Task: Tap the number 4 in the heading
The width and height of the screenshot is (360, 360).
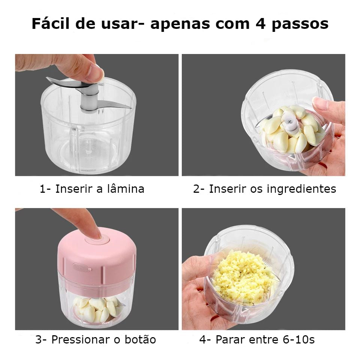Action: pyautogui.click(x=261, y=24)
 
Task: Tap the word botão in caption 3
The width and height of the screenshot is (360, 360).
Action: pyautogui.click(x=140, y=340)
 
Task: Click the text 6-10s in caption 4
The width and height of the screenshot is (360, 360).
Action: pyautogui.click(x=298, y=340)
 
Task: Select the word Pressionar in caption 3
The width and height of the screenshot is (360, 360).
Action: pyautogui.click(x=81, y=340)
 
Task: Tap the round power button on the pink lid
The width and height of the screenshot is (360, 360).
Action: pyautogui.click(x=97, y=240)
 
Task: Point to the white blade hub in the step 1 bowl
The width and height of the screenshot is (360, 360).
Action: pyautogui.click(x=89, y=101)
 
